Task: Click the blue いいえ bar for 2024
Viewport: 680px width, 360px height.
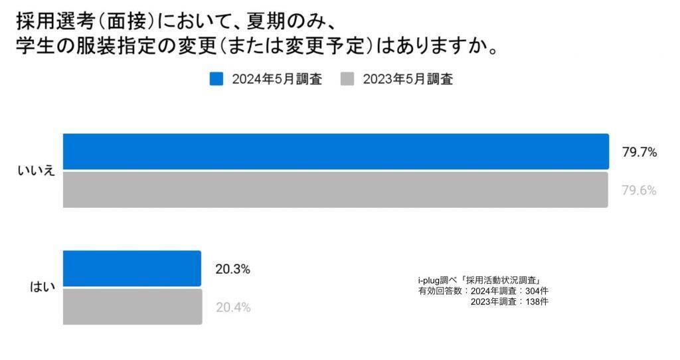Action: click(x=335, y=151)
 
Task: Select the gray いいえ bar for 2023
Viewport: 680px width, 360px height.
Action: click(x=335, y=190)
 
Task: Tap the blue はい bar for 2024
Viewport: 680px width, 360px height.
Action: click(x=131, y=268)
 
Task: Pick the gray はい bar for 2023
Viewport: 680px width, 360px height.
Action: click(x=131, y=307)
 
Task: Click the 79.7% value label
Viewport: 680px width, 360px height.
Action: click(x=639, y=152)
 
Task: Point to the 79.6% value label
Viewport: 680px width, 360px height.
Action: click(x=639, y=191)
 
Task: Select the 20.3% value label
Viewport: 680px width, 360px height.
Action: click(x=232, y=269)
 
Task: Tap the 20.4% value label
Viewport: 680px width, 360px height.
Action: click(x=232, y=308)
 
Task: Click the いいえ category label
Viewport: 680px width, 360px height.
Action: click(x=36, y=171)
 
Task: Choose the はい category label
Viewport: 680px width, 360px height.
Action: click(x=44, y=288)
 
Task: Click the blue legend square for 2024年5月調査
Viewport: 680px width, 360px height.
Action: click(x=216, y=79)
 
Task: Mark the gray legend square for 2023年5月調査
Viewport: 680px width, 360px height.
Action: click(x=347, y=79)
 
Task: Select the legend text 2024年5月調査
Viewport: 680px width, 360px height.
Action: click(x=276, y=79)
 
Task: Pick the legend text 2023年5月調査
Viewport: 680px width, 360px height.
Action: click(x=407, y=79)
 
